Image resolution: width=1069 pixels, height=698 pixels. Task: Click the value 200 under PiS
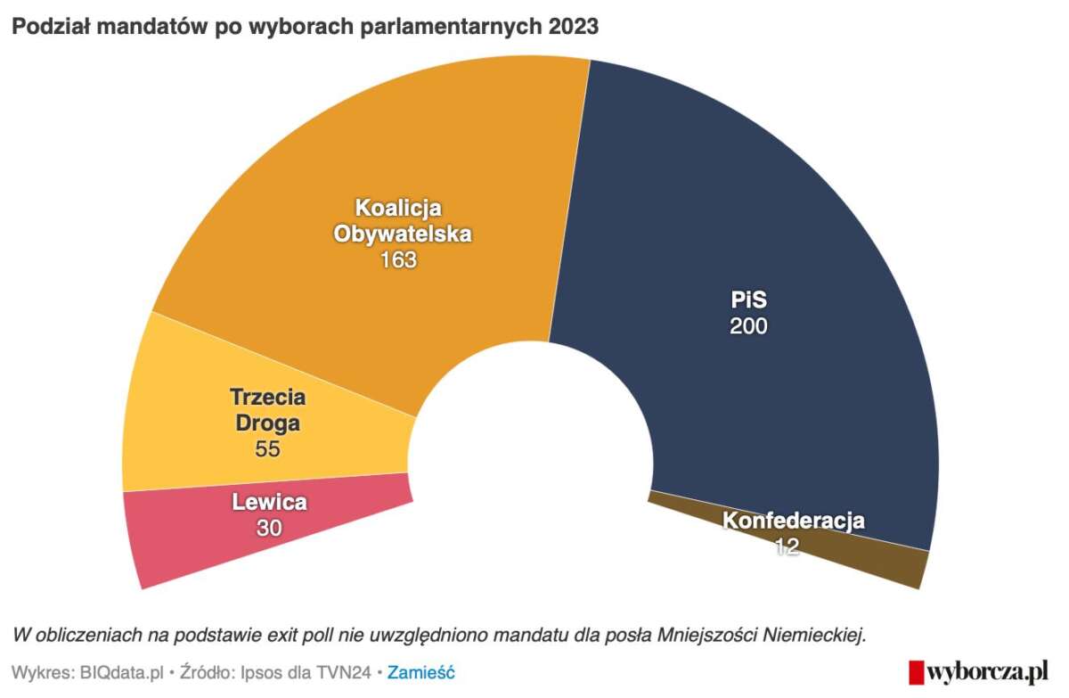748,326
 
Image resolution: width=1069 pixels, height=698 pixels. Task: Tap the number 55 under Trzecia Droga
267,449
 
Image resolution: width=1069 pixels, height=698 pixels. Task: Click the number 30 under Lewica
269,528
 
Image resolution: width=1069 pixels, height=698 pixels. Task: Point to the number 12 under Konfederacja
786,546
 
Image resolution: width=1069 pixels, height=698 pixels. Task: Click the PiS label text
748,300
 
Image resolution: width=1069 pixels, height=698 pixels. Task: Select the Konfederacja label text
793,521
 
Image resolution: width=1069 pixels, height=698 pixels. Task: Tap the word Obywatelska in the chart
402,234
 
